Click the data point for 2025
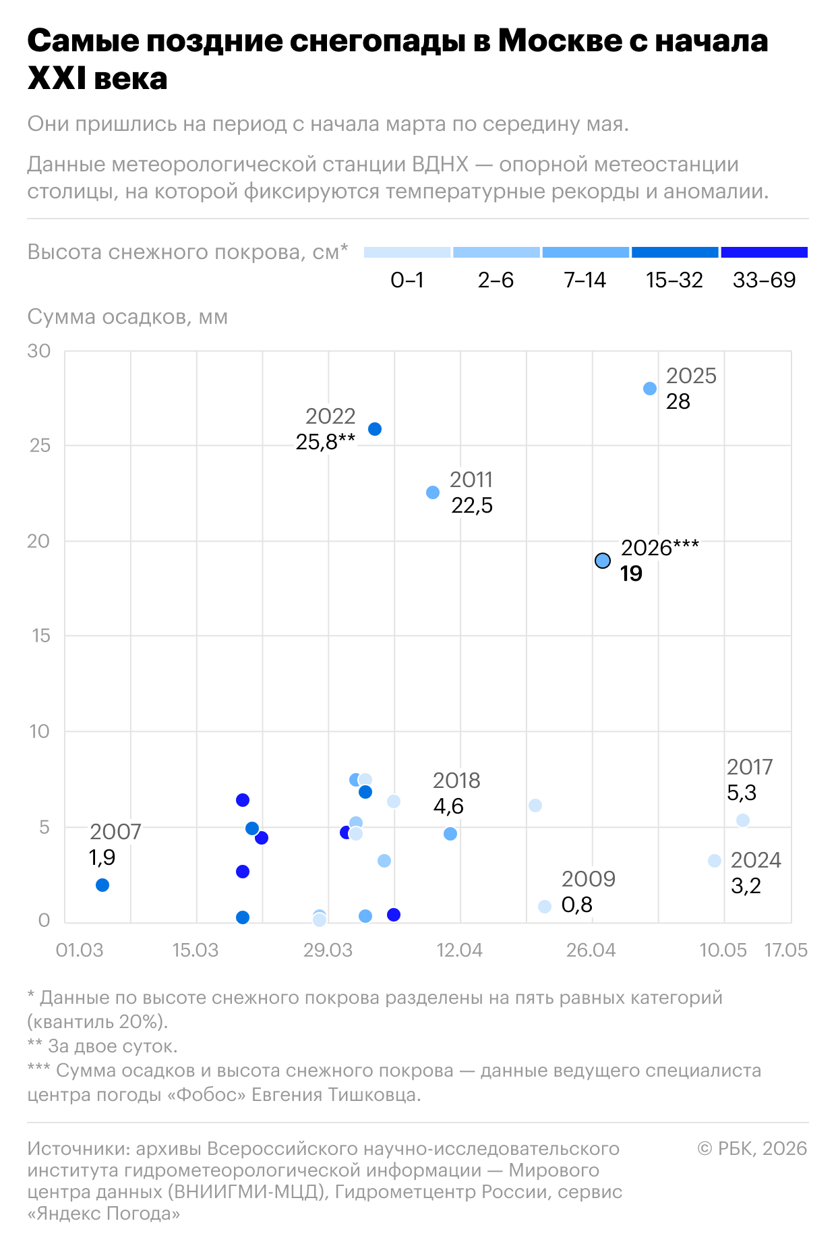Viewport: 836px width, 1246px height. (650, 389)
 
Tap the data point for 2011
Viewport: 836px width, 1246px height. (433, 492)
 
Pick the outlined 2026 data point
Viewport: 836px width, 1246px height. (603, 561)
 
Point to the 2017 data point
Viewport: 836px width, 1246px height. (743, 820)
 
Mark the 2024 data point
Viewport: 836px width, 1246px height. (715, 861)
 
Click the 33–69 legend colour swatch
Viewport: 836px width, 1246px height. (764, 252)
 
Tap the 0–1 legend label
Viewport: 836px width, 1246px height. (407, 280)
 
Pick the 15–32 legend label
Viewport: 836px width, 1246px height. (674, 280)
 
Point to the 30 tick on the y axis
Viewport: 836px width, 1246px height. (39, 351)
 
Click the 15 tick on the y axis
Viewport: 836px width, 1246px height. (41, 635)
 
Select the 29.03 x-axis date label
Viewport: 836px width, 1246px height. (328, 950)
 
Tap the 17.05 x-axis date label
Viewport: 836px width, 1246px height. (785, 950)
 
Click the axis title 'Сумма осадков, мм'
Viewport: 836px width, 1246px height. (127, 317)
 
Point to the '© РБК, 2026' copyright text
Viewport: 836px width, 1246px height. (752, 1148)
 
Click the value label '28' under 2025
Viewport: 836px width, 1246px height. (678, 401)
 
